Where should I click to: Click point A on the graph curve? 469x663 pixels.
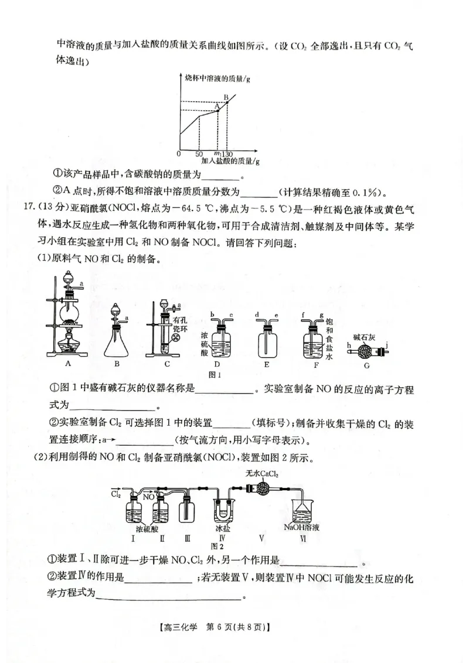click(218, 110)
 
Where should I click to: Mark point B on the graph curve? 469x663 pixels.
click(227, 102)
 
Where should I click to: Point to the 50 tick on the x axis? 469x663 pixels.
click(199, 153)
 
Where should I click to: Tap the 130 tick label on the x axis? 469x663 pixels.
click(227, 153)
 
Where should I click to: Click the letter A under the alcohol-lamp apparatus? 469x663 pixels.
click(67, 363)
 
